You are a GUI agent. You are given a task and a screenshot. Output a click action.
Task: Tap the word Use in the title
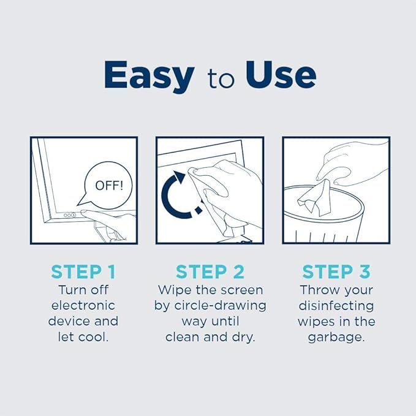(281, 75)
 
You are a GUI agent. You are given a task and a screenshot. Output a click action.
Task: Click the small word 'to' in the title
(220, 79)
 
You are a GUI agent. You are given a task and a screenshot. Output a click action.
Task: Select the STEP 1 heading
(83, 271)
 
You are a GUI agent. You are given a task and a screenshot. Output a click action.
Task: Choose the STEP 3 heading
(336, 271)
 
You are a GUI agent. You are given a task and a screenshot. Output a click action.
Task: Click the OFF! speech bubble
(108, 184)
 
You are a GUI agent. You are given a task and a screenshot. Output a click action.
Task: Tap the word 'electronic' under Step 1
(83, 305)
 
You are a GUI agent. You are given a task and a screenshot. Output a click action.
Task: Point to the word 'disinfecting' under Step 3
(336, 305)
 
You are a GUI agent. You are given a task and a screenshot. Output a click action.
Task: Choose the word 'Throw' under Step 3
(319, 289)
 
